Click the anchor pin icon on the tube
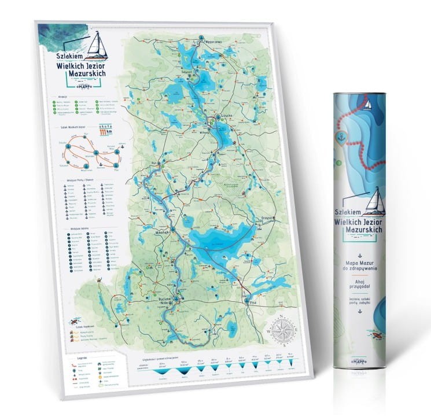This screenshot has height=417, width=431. coord(341,138)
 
